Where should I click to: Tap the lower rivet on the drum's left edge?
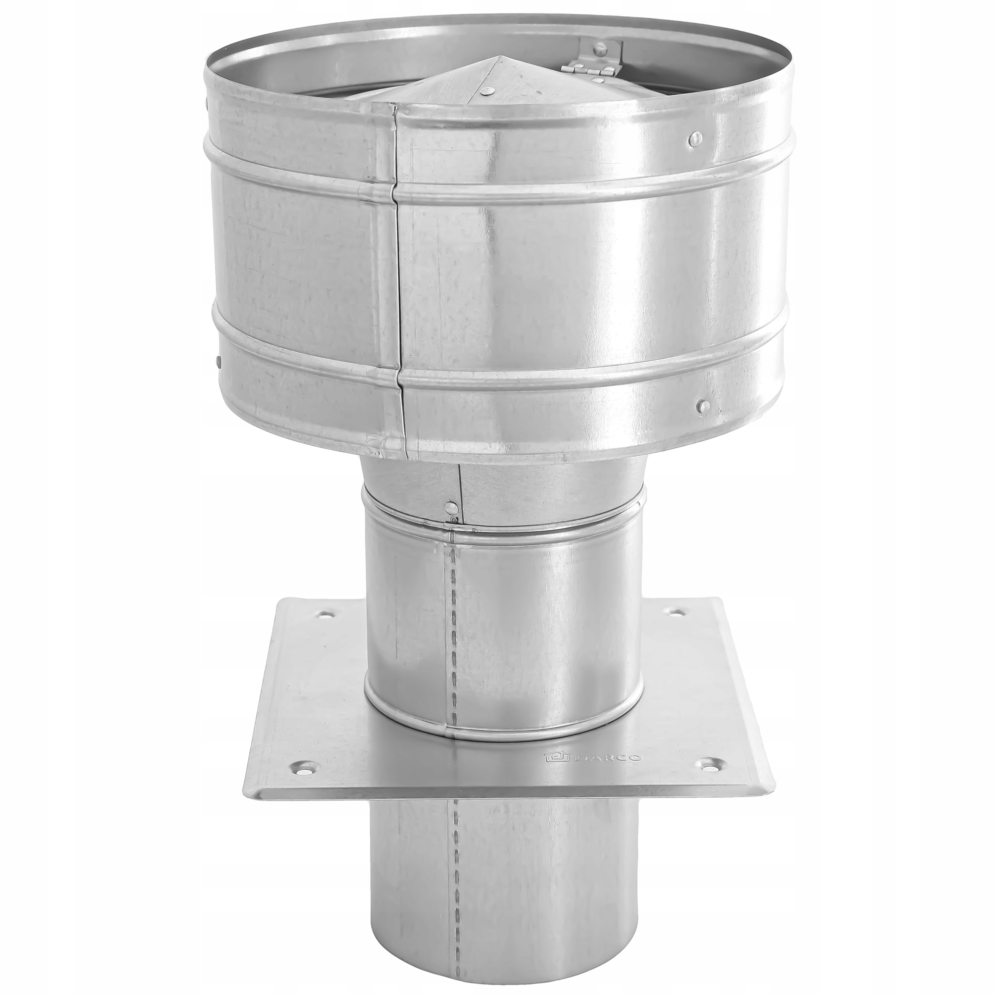pos(218,361)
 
